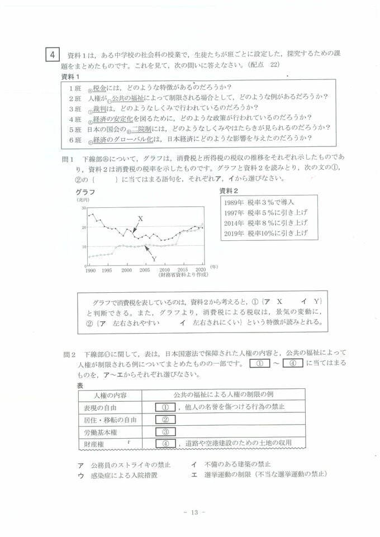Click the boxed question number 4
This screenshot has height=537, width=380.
(51, 55)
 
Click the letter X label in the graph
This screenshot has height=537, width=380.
(140, 218)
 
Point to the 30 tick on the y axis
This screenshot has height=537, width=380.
(83, 207)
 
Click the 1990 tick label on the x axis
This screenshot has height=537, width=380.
(90, 270)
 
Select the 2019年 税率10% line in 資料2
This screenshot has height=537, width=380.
(265, 233)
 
